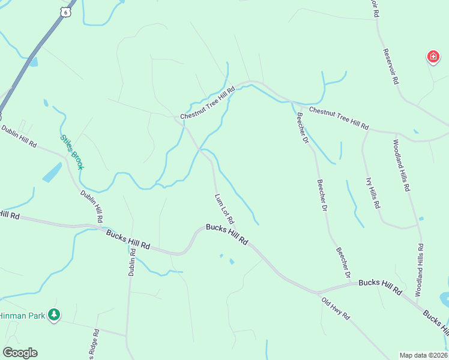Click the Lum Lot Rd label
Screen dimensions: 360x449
pyautogui.click(x=224, y=208)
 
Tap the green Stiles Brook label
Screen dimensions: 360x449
pyautogui.click(x=71, y=151)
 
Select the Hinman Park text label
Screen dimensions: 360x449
pyautogui.click(x=22, y=315)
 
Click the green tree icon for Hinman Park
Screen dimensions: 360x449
pyautogui.click(x=54, y=314)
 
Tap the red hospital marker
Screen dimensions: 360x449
pyautogui.click(x=432, y=57)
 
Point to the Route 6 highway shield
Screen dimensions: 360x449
pyautogui.click(x=65, y=11)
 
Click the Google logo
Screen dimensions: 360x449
pyautogui.click(x=20, y=353)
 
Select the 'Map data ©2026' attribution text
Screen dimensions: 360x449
pyautogui.click(x=423, y=355)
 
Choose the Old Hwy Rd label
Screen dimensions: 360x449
pyautogui.click(x=335, y=308)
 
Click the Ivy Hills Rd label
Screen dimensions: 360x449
pyautogui.click(x=373, y=193)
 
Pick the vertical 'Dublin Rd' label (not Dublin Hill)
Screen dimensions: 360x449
pyautogui.click(x=132, y=262)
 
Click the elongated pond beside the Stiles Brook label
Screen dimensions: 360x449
pyautogui.click(x=52, y=173)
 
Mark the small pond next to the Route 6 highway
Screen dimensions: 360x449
pyautogui.click(x=33, y=61)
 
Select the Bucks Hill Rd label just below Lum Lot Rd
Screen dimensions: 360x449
pyautogui.click(x=226, y=233)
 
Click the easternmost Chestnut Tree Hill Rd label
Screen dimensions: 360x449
pyautogui.click(x=339, y=118)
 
